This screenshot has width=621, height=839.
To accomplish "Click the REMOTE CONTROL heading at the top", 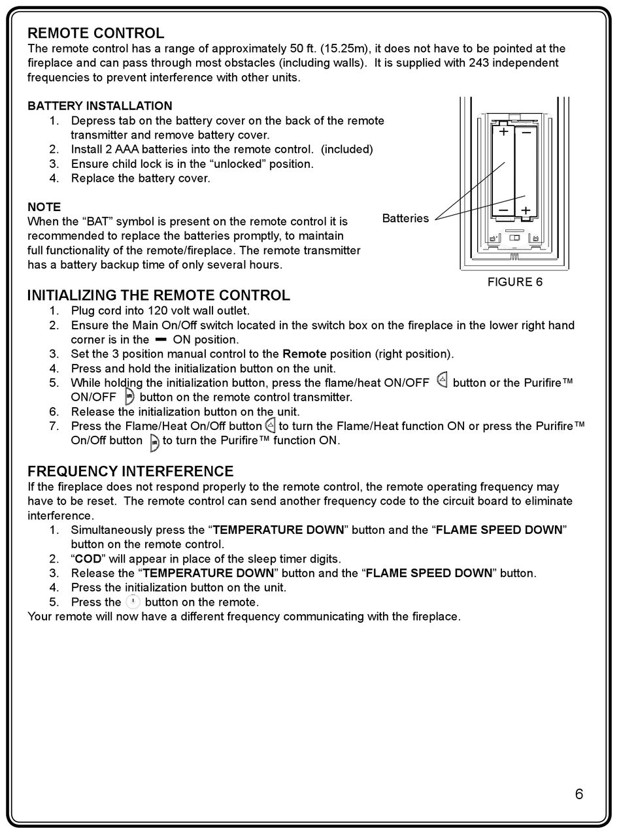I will click(x=95, y=33).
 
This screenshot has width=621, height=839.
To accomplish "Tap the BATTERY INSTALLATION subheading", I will click(x=100, y=106).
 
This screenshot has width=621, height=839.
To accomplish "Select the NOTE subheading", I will click(x=44, y=207).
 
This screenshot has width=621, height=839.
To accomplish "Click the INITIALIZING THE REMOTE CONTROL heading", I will click(x=158, y=295).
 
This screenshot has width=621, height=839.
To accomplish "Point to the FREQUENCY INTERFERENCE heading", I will click(x=130, y=471).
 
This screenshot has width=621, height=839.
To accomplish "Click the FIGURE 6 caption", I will click(x=514, y=282).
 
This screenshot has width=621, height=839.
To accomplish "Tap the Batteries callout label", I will click(x=405, y=218).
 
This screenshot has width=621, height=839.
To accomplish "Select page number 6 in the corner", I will click(x=579, y=794).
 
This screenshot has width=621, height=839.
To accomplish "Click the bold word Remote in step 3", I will click(x=304, y=354).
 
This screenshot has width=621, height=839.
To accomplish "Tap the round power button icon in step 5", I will click(x=133, y=602).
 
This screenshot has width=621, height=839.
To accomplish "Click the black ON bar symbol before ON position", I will click(x=161, y=340).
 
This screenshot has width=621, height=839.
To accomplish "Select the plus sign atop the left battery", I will click(x=503, y=132).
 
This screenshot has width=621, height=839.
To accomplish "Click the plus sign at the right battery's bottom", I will click(x=525, y=210).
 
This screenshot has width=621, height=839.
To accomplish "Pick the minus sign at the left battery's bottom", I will click(x=503, y=210).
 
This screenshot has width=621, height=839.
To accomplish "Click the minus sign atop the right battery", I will click(x=526, y=132).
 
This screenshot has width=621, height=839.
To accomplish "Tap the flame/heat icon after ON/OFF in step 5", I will click(x=442, y=382).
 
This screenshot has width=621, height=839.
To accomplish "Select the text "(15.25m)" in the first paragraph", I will click(x=346, y=49).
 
